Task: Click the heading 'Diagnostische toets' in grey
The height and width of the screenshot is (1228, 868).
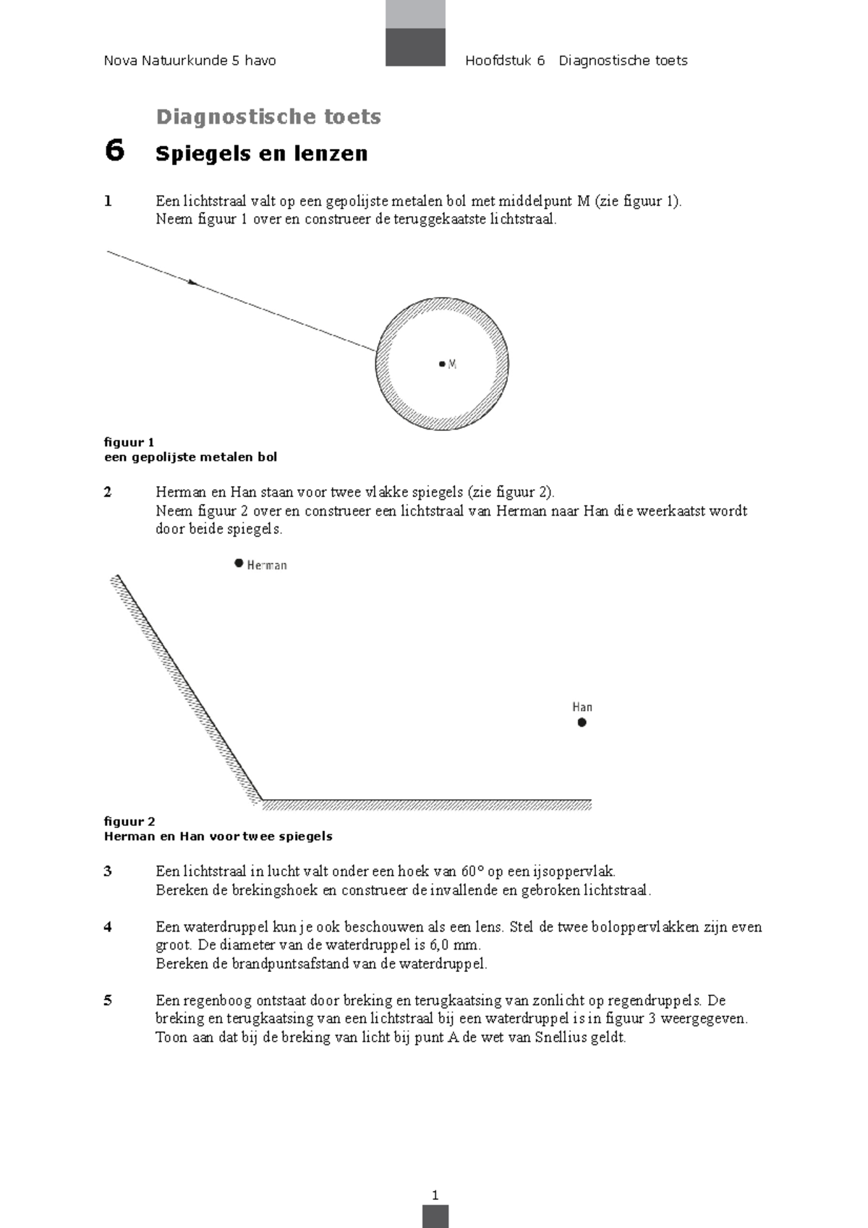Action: point(268,116)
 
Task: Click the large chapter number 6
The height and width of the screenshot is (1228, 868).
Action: point(114,150)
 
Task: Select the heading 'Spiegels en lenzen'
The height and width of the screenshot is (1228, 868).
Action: point(262,153)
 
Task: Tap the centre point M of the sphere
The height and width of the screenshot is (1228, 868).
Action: point(442,364)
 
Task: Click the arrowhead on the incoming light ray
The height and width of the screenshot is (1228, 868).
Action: point(193,283)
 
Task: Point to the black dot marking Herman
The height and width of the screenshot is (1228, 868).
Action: point(239,563)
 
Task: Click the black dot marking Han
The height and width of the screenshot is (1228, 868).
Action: point(582,722)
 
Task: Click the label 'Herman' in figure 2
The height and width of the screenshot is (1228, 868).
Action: point(267,566)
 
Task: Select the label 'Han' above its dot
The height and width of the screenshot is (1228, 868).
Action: point(582,707)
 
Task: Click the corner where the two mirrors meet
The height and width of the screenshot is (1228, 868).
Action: point(262,799)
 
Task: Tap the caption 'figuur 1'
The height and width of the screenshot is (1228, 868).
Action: point(129,442)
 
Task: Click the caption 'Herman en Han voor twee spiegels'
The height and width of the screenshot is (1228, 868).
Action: point(218,836)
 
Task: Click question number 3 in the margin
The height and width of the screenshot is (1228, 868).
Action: point(108,871)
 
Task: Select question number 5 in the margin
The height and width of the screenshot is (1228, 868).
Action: point(108,1001)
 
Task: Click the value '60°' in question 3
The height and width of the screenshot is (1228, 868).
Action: point(472,871)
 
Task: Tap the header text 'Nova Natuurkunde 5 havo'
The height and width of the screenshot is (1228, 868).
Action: point(190,61)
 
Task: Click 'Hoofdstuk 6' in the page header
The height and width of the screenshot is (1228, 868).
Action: point(505,61)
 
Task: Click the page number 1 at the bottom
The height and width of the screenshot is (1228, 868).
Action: point(435,1195)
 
